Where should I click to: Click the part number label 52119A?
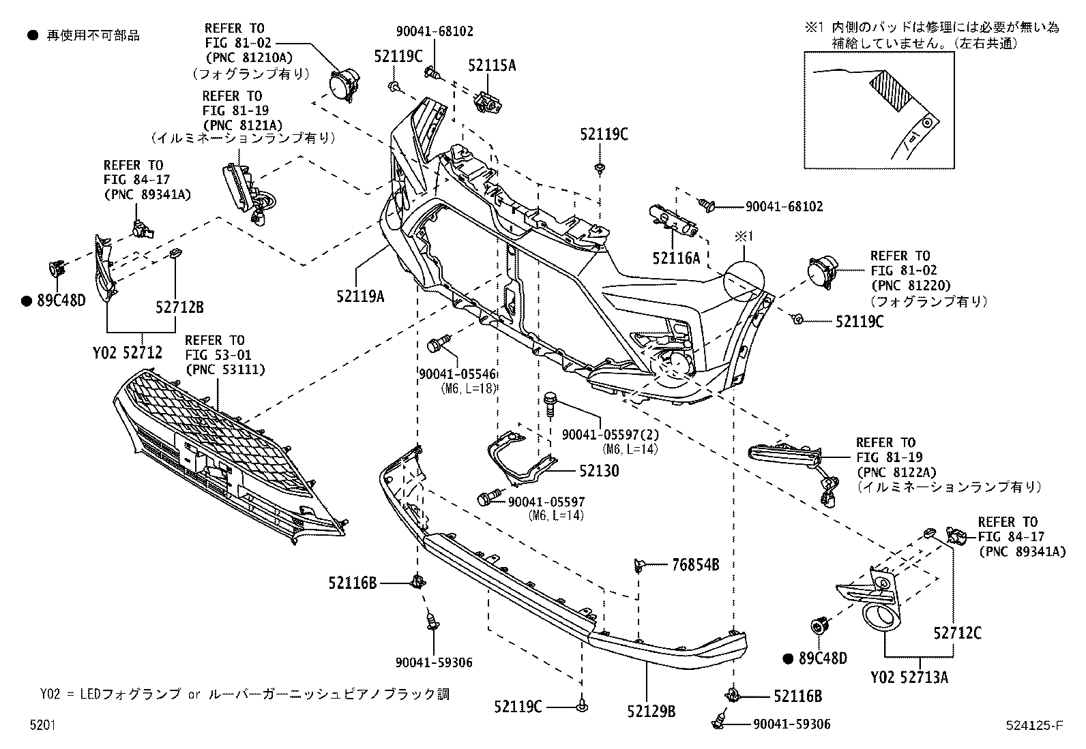pyautogui.click(x=359, y=296)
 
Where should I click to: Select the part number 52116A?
pyautogui.click(x=676, y=258)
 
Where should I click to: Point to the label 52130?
pyautogui.click(x=599, y=471)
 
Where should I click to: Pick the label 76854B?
pyautogui.click(x=695, y=564)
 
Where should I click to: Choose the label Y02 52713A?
pyautogui.click(x=909, y=677)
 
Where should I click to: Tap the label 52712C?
pyautogui.click(x=957, y=633)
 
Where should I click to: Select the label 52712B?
pyautogui.click(x=179, y=307)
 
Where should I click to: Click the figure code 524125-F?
pyautogui.click(x=1033, y=725)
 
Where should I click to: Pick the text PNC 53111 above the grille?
pyautogui.click(x=225, y=369)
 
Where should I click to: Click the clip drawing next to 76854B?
pyautogui.click(x=639, y=565)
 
